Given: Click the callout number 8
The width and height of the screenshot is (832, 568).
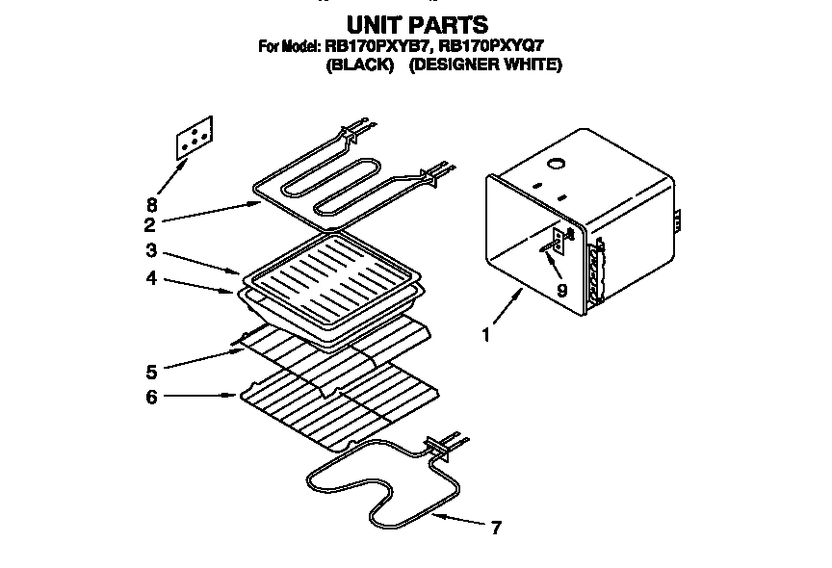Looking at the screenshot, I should click(x=151, y=205).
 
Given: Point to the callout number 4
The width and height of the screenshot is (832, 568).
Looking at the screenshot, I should click(x=151, y=280).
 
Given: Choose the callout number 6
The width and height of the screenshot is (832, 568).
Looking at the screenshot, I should click(x=151, y=396).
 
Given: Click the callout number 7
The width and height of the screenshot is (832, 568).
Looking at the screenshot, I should click(x=495, y=528).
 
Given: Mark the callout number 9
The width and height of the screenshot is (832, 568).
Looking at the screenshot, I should click(x=561, y=289).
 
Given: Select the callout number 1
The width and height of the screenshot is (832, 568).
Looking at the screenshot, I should click(x=486, y=336).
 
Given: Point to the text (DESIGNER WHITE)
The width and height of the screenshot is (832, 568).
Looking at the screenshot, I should click(x=485, y=65).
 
